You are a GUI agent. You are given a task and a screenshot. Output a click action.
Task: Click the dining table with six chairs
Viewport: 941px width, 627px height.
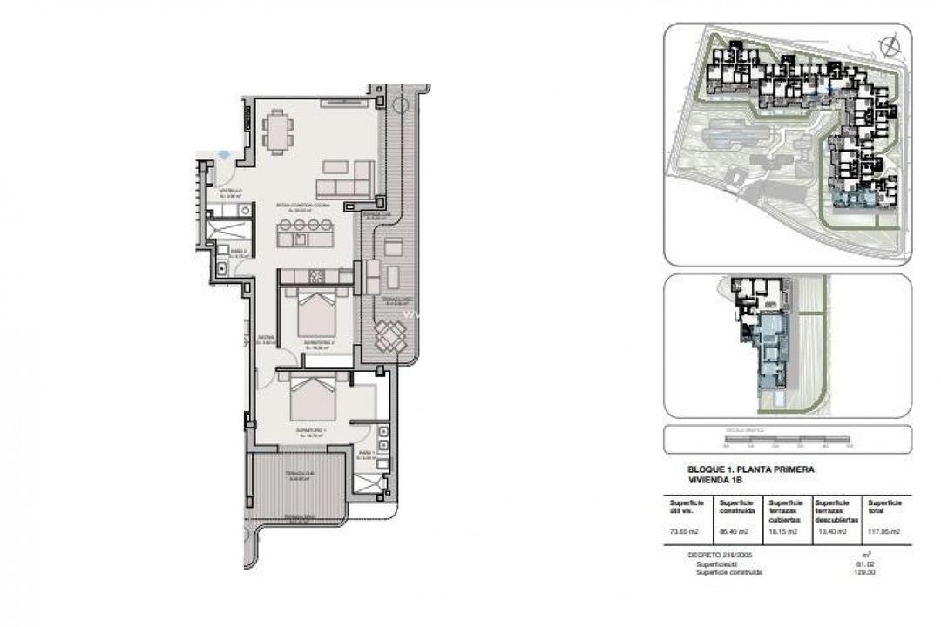(x=277, y=131)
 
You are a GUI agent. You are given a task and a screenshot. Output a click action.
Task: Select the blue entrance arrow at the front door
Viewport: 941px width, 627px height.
(x=224, y=154)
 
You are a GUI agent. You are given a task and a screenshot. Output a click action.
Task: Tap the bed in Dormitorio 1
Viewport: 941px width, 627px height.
(x=312, y=399)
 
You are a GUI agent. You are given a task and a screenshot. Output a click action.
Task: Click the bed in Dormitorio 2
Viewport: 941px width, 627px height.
(x=316, y=313)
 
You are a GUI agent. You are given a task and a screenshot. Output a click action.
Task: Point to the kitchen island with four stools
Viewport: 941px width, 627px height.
(x=305, y=232)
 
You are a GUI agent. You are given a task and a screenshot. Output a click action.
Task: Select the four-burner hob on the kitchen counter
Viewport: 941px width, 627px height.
(x=317, y=276)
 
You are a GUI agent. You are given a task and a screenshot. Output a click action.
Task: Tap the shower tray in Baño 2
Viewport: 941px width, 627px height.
(x=230, y=230)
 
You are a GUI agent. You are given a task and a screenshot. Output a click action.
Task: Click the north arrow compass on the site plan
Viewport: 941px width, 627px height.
(x=889, y=45)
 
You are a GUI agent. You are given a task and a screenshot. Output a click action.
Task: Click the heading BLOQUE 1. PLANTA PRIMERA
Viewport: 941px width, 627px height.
(x=751, y=469)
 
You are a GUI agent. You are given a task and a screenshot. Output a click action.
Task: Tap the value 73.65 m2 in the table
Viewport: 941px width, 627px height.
(x=685, y=531)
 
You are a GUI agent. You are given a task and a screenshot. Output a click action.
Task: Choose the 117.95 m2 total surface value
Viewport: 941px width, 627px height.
(x=883, y=531)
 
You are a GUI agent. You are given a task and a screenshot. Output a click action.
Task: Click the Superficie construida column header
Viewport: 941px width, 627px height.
(x=735, y=507)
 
